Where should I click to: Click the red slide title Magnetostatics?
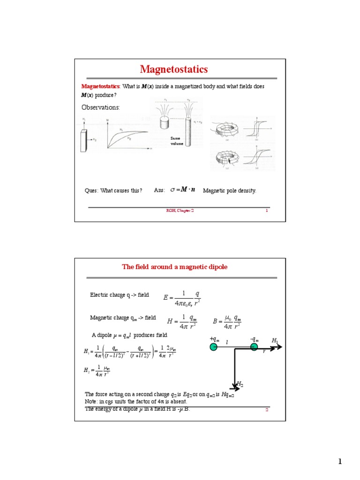(173, 70)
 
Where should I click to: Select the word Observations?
(101, 107)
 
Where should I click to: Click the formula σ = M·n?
(183, 190)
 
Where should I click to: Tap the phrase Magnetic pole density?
(229, 190)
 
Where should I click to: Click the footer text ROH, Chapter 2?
(180, 211)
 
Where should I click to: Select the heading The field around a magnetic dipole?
(175, 267)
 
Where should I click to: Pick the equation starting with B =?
(227, 321)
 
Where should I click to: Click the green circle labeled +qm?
(214, 347)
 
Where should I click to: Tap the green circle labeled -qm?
(254, 347)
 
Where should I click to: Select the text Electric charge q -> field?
(120, 295)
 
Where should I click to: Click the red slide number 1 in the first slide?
(267, 211)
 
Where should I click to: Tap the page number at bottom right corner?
(341, 462)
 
